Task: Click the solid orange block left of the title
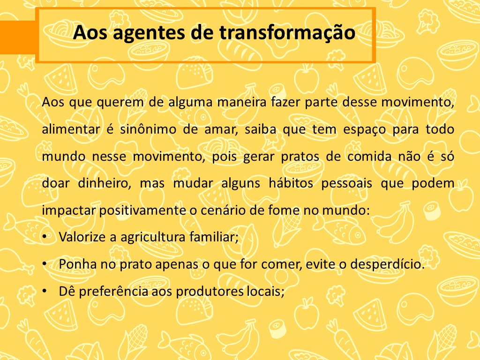18,37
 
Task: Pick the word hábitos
291,183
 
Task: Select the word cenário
223,210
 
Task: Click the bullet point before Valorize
45,237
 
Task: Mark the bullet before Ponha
45,263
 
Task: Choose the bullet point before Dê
45,291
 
